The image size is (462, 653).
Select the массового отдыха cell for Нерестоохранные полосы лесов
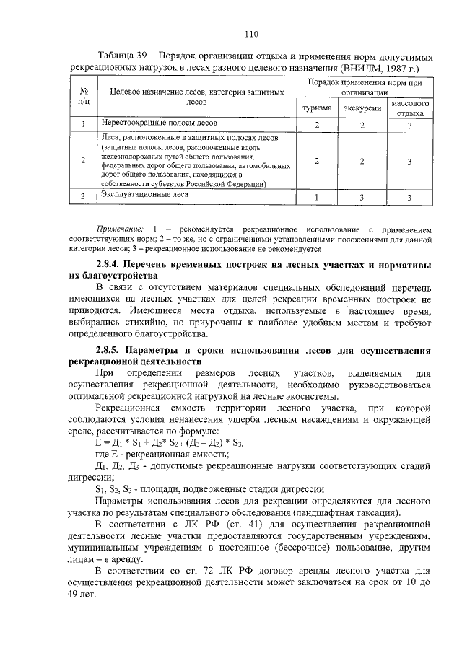pos(410,126)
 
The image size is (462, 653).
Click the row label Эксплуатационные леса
pos(146,194)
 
